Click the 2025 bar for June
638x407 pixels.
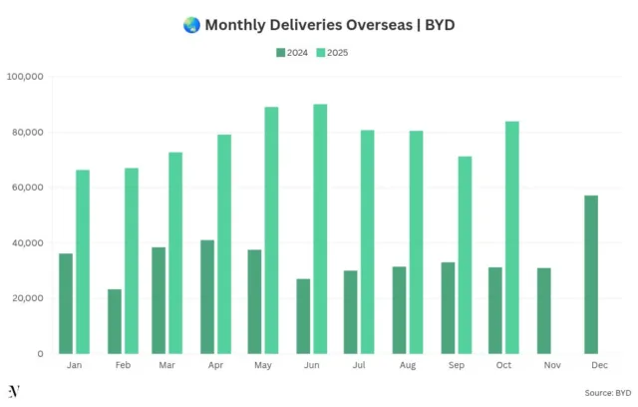click(320, 228)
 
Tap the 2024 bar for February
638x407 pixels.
click(115, 321)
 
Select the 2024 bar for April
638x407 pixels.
click(207, 296)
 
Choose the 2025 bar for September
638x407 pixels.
click(465, 254)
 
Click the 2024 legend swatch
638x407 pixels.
click(280, 52)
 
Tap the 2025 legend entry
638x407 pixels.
click(332, 52)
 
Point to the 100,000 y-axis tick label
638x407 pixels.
click(24, 77)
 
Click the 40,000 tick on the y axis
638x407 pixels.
click(27, 243)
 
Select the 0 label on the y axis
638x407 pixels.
click(40, 354)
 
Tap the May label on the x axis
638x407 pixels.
click(264, 367)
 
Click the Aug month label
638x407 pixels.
click(409, 367)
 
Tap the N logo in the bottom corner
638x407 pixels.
click(14, 390)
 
